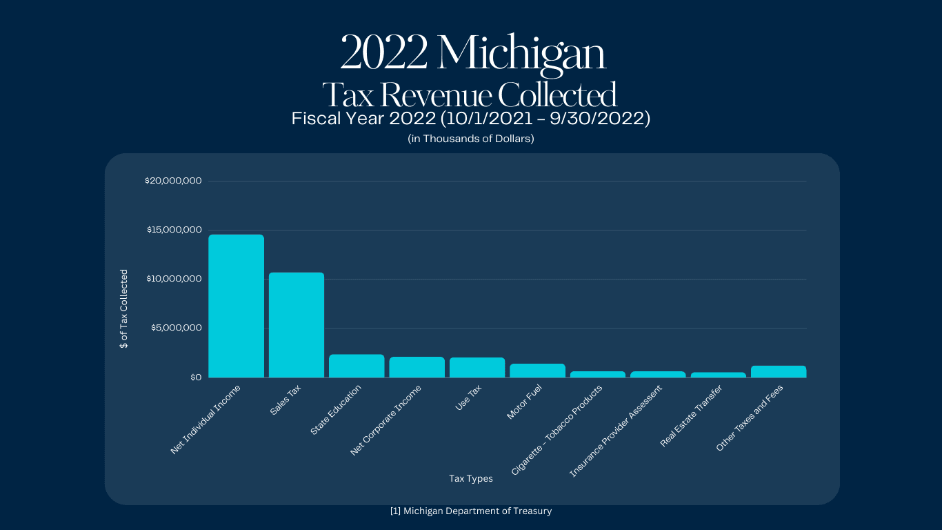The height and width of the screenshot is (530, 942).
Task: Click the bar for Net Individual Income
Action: [x=236, y=306]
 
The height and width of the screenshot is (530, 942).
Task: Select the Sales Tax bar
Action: [x=297, y=325]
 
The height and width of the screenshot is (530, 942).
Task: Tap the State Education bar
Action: [x=357, y=366]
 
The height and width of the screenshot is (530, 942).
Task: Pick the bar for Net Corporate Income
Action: [x=417, y=367]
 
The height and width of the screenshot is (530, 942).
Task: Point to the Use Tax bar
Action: [x=477, y=368]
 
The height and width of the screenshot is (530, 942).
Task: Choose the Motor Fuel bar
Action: [x=537, y=371]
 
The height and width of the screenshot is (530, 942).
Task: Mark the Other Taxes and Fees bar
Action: [x=779, y=372]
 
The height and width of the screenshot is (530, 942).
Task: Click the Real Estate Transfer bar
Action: [x=718, y=375]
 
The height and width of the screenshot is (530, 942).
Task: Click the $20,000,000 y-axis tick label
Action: [x=173, y=181]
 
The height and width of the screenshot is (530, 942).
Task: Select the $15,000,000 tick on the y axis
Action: [x=174, y=230]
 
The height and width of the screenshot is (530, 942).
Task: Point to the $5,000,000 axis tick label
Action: [x=177, y=328]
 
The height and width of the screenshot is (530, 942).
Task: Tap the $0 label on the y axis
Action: [x=195, y=377]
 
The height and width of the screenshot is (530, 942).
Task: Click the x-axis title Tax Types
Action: [x=471, y=478]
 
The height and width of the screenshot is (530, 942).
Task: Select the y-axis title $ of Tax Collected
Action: [x=124, y=308]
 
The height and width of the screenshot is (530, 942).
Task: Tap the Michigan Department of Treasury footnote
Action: [x=471, y=511]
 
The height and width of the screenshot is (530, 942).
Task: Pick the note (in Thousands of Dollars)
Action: [x=471, y=139]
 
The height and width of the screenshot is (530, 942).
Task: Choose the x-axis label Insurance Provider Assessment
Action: [x=615, y=432]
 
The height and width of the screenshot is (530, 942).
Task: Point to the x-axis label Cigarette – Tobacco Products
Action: [x=557, y=430]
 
